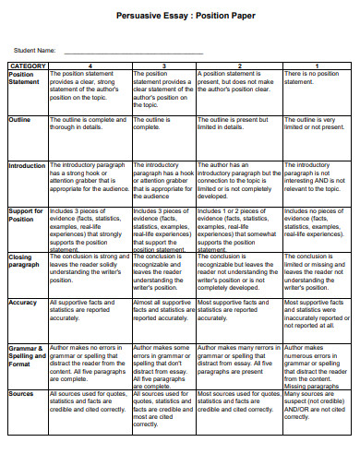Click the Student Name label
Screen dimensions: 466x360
point(34,49)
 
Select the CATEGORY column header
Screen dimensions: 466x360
point(27,66)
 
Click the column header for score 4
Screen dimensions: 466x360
point(90,66)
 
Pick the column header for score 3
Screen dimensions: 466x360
point(164,66)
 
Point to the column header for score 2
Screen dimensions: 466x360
point(239,66)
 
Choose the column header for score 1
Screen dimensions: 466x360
point(317,66)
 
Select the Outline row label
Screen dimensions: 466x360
point(20,120)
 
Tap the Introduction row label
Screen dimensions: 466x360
point(27,166)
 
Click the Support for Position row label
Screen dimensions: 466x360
point(26,215)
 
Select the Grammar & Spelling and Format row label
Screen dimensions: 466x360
point(26,357)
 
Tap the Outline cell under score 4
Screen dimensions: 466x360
point(90,125)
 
